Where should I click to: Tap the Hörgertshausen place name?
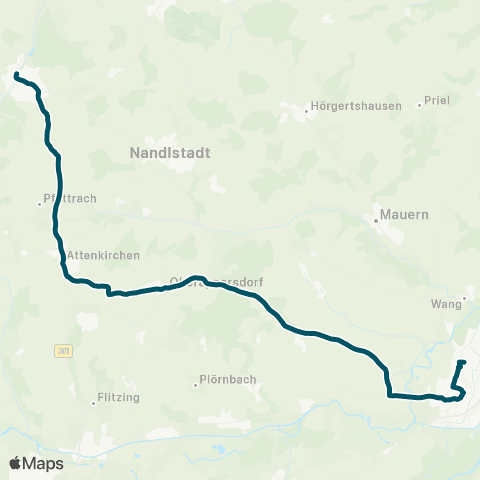point(358,106)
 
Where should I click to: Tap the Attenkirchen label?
point(103,256)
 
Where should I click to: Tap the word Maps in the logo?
point(44,463)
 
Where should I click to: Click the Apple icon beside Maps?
point(16,462)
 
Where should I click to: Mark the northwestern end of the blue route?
point(16,75)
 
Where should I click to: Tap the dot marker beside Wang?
point(465,297)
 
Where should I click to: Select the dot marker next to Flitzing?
point(93,403)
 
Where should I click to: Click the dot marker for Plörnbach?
point(195,384)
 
